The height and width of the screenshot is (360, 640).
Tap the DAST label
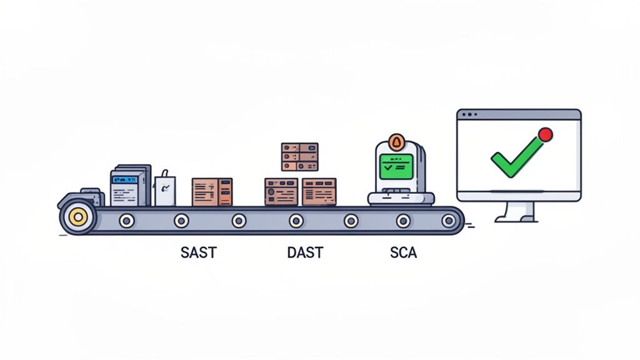pyautogui.click(x=305, y=253)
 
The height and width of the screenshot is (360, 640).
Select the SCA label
pyautogui.click(x=403, y=253)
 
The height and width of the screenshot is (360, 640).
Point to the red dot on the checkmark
pyautogui.click(x=545, y=134)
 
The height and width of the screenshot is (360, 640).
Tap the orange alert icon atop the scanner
pyautogui.click(x=395, y=141)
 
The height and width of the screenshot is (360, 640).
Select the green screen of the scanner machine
pyautogui.click(x=396, y=166)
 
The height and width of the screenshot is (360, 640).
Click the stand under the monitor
pyautogui.click(x=516, y=211)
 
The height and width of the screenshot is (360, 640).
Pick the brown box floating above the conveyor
pyautogui.click(x=299, y=156)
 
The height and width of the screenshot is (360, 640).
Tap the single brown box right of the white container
pyautogui.click(x=212, y=191)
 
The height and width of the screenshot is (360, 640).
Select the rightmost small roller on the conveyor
pyautogui.click(x=448, y=220)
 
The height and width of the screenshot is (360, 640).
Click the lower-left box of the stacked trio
pyautogui.click(x=281, y=191)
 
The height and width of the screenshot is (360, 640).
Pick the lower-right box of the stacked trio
pyautogui.click(x=319, y=191)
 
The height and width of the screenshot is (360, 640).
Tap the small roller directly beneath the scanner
pyautogui.click(x=403, y=220)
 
